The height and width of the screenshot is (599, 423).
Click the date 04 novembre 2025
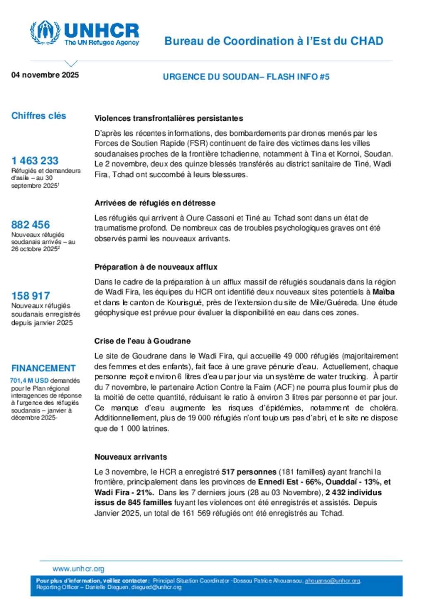tap(45, 75)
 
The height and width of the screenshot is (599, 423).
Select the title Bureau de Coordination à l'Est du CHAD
tap(273, 41)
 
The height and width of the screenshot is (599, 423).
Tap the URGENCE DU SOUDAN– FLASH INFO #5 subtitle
tap(246, 76)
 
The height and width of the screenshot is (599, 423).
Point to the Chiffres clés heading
tap(38, 116)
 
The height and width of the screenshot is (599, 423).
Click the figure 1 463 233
tap(35, 160)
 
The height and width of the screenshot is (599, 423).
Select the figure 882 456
tap(30, 224)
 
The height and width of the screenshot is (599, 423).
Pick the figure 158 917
tap(30, 296)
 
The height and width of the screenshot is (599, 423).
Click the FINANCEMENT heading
tap(43, 368)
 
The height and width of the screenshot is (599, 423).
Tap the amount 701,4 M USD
tap(29, 380)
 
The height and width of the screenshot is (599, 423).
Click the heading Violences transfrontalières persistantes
tap(169, 118)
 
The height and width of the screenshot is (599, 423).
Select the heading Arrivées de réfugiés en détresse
tap(154, 203)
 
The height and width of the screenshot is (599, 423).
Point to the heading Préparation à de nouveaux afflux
tap(156, 267)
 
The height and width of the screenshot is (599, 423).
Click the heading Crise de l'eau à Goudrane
tap(142, 341)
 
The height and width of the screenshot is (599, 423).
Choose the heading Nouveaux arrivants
tap(131, 457)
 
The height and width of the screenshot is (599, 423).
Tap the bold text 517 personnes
tap(249, 472)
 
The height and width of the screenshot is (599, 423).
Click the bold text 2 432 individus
tap(353, 492)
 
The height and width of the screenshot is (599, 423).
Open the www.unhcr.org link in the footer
tap(78, 569)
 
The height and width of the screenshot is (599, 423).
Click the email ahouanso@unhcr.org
tap(332, 581)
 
